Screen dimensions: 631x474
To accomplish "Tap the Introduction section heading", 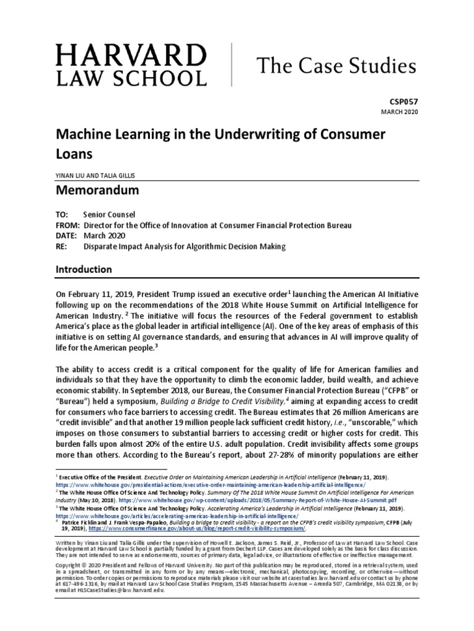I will point(84,269).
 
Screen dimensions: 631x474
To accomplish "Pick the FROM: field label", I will point(68,226).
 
